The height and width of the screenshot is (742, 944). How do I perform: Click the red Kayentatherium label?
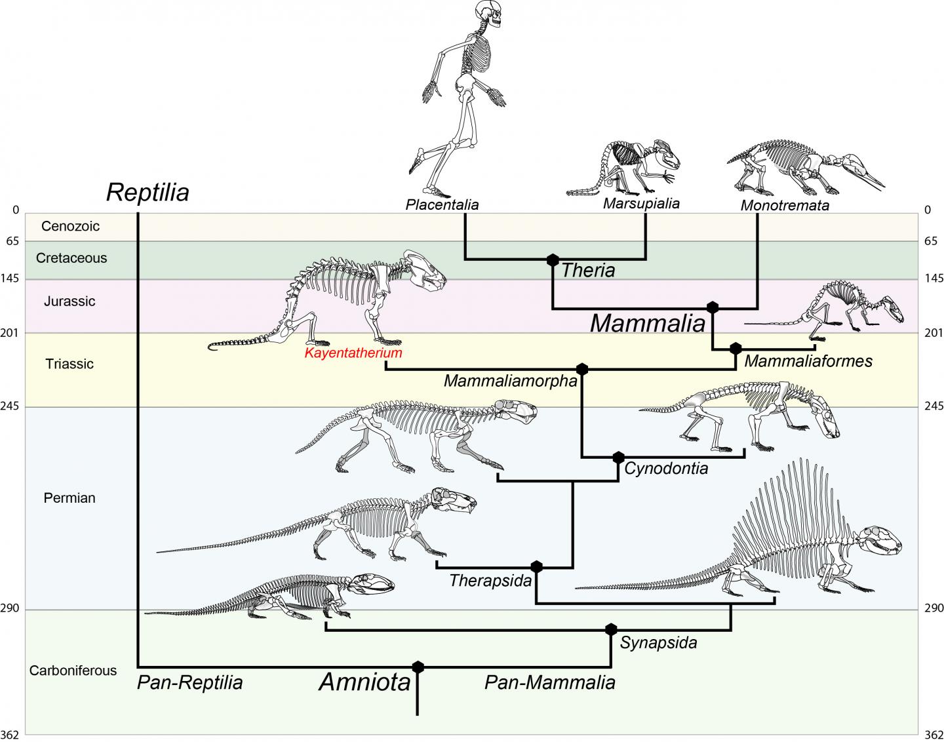(x=353, y=353)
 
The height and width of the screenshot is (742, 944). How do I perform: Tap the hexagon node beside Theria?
(x=553, y=260)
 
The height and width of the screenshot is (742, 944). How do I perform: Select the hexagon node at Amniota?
(x=418, y=667)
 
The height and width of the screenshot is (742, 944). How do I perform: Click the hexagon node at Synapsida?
(x=611, y=630)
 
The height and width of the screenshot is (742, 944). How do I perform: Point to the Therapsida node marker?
(x=537, y=566)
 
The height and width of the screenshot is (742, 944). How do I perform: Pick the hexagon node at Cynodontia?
(x=618, y=457)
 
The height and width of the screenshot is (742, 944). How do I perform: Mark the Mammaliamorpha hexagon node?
(x=581, y=369)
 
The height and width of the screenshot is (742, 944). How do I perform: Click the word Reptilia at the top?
(x=147, y=193)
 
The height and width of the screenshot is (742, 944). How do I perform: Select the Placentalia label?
(x=442, y=205)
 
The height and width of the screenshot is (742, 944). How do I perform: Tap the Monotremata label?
(x=785, y=206)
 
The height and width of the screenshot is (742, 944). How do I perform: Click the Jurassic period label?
(x=69, y=302)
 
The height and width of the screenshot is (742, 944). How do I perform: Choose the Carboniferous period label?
(x=73, y=671)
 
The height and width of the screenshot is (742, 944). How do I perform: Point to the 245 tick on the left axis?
(x=12, y=407)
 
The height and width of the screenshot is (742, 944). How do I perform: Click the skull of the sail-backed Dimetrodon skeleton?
(x=879, y=541)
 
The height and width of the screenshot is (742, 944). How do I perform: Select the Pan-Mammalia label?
(x=549, y=683)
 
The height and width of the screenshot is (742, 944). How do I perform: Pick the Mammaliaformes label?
(x=808, y=361)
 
